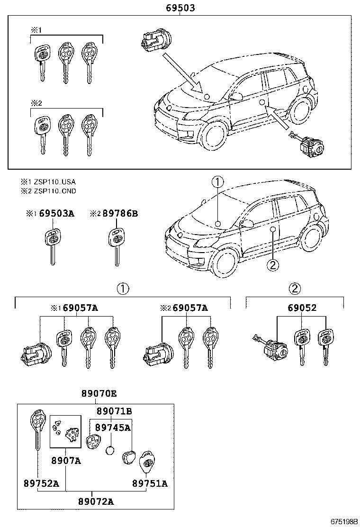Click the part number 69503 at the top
pyautogui.click(x=180, y=8)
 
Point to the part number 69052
pyautogui.click(x=302, y=308)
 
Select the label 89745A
pyautogui.click(x=112, y=427)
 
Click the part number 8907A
pyautogui.click(x=66, y=460)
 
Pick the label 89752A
pyautogui.click(x=41, y=483)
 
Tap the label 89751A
pyautogui.click(x=150, y=483)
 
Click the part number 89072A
pyautogui.click(x=96, y=501)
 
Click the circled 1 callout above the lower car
pyautogui.click(x=217, y=182)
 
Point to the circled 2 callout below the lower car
pyautogui.click(x=272, y=265)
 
